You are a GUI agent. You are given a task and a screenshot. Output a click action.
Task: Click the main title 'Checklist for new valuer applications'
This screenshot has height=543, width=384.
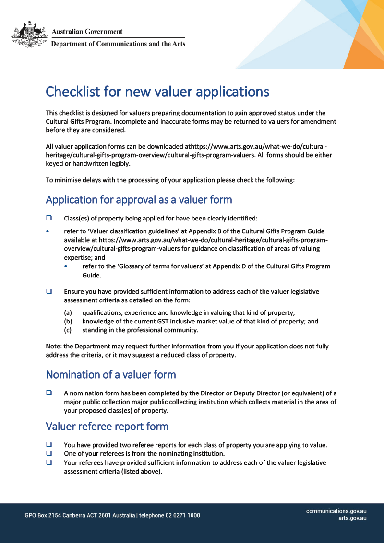click(157, 92)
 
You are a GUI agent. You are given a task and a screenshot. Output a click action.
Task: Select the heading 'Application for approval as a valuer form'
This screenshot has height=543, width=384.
click(139, 199)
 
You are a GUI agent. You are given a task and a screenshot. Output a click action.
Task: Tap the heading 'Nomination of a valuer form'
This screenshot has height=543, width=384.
click(110, 374)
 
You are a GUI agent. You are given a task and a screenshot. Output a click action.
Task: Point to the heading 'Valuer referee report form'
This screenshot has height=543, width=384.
click(107, 427)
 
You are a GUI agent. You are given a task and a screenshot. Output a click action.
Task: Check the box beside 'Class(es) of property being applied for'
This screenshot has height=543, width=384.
click(49, 218)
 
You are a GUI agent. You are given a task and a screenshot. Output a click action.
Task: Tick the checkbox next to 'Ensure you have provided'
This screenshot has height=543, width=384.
click(49, 291)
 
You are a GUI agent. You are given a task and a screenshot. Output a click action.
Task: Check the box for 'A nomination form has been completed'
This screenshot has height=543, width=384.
click(49, 393)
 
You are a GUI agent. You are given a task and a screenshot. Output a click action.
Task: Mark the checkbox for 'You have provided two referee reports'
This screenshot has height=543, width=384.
click(49, 444)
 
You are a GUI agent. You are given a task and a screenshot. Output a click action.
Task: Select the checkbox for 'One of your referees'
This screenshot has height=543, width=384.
click(49, 453)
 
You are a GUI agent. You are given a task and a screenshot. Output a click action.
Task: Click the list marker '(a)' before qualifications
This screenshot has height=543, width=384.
click(68, 312)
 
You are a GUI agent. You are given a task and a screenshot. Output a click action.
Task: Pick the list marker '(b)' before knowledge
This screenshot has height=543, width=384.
click(68, 322)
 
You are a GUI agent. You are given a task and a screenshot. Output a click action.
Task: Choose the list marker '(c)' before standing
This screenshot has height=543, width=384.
click(68, 330)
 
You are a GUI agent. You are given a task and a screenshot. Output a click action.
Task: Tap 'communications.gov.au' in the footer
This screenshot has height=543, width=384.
click(336, 511)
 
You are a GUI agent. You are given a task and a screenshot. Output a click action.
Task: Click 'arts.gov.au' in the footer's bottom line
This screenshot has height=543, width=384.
click(352, 518)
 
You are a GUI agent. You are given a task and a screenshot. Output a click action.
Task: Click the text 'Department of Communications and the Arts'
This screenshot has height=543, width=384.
click(118, 44)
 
